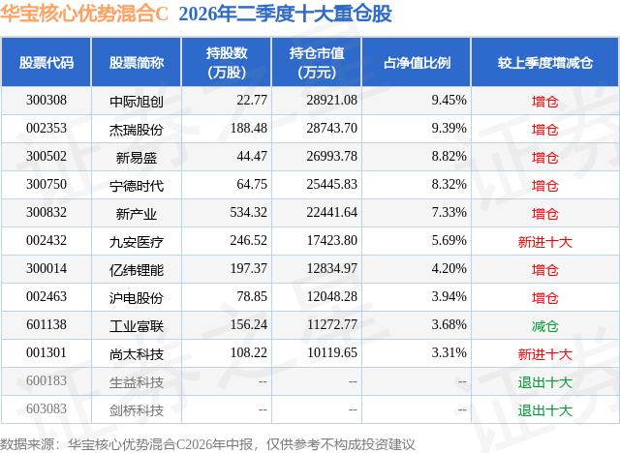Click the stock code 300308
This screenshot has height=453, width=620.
tap(46, 101)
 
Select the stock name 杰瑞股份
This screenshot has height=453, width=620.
tap(137, 130)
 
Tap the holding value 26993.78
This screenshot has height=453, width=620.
tap(331, 157)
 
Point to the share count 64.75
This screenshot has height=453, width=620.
tap(252, 185)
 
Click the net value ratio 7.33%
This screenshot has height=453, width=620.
tap(449, 213)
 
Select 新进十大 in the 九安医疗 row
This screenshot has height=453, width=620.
tap(544, 242)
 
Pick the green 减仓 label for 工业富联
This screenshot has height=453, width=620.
tap(544, 326)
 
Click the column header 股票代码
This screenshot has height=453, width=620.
tap(46, 62)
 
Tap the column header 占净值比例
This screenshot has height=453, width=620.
tap(417, 62)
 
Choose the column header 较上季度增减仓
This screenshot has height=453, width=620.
tap(544, 62)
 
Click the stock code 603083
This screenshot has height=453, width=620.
tap(46, 408)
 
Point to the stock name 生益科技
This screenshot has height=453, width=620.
tap(137, 382)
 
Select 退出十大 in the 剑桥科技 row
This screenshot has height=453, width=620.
tap(544, 410)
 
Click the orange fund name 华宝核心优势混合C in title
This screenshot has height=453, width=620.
tap(84, 14)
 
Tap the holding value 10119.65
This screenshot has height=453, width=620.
tap(332, 352)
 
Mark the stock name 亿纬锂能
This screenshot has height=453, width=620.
tap(137, 270)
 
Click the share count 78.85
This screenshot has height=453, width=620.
tap(252, 296)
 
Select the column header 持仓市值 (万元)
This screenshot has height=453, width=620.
tap(317, 62)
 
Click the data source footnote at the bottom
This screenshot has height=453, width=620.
tap(207, 444)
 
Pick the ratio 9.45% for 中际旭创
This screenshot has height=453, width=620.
tap(449, 101)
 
